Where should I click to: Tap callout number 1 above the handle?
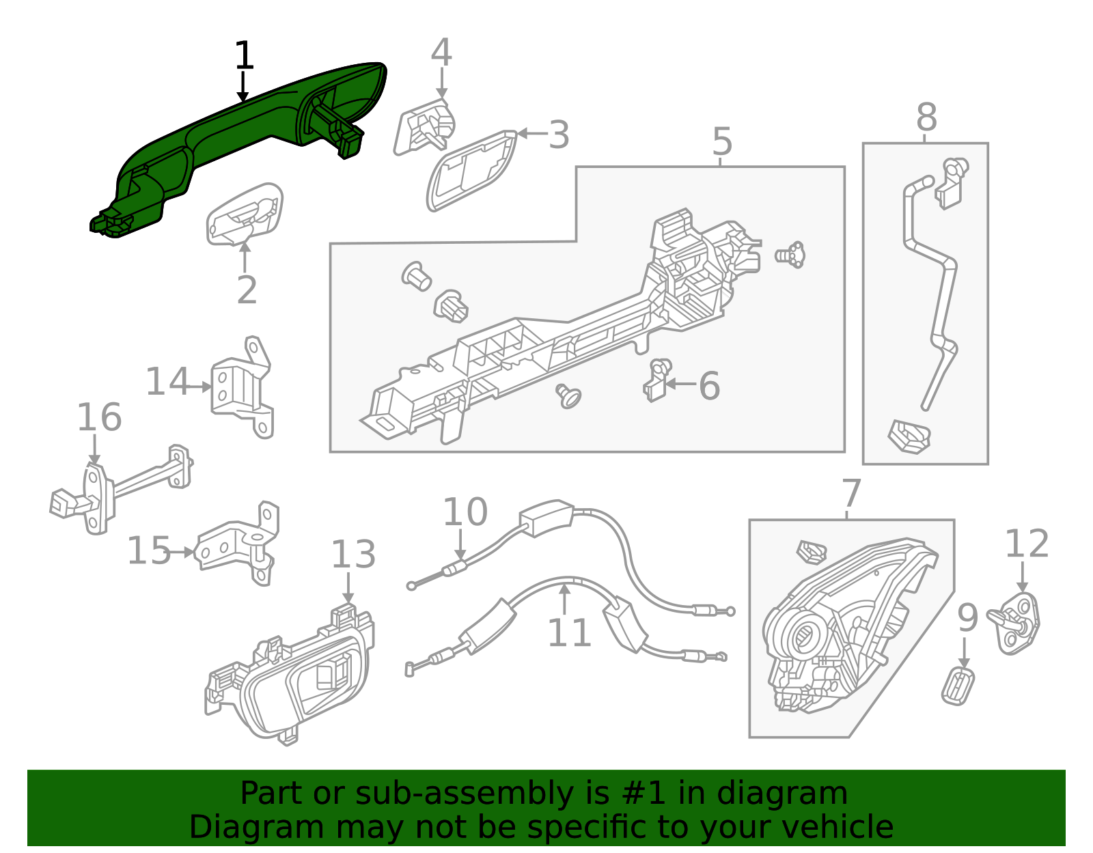point(244,56)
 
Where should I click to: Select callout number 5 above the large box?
point(722,141)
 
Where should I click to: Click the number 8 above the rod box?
point(926,117)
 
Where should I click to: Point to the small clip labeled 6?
point(657,381)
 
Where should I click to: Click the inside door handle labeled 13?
point(294,676)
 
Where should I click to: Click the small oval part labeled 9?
point(958,686)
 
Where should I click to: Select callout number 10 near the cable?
point(465,512)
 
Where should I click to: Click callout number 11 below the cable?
point(569,633)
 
